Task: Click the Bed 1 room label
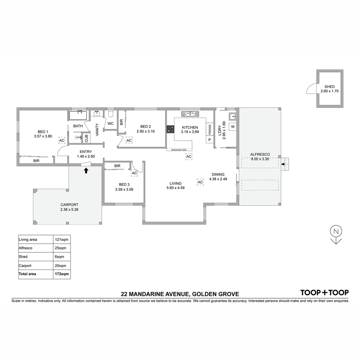43,131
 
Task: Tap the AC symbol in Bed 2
129,141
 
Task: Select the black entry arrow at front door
86,171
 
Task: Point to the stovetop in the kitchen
170,129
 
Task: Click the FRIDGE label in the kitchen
210,129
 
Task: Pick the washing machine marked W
233,127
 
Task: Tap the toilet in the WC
111,114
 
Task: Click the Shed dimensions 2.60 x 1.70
329,91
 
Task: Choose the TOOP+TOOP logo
324,293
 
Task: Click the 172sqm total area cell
62,274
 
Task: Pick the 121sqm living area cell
62,239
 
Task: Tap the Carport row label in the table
26,266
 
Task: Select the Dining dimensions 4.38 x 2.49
218,179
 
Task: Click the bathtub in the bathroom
78,115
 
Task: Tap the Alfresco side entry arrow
283,164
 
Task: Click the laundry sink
232,116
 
